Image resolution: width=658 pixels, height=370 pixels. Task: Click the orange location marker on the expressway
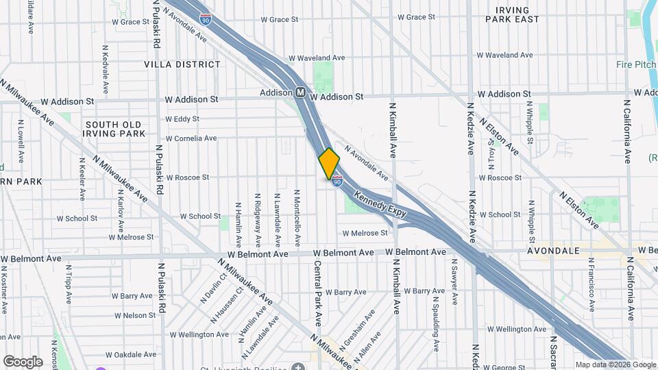pyautogui.click(x=329, y=164)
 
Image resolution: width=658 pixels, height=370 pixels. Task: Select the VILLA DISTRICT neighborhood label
pyautogui.click(x=182, y=64)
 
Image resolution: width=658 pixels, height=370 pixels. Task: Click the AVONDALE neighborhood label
pyautogui.click(x=553, y=251)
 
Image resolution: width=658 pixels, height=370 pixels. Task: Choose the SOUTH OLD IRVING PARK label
pyautogui.click(x=115, y=129)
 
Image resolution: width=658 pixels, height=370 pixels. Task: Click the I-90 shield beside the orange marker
pyautogui.click(x=337, y=181)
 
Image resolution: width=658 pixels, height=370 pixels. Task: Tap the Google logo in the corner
pyautogui.click(x=23, y=361)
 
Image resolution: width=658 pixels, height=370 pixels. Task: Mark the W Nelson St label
pyautogui.click(x=135, y=316)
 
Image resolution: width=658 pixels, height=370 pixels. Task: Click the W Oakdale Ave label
pyautogui.click(x=132, y=355)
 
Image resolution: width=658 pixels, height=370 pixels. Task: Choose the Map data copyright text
pyautogui.click(x=616, y=365)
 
